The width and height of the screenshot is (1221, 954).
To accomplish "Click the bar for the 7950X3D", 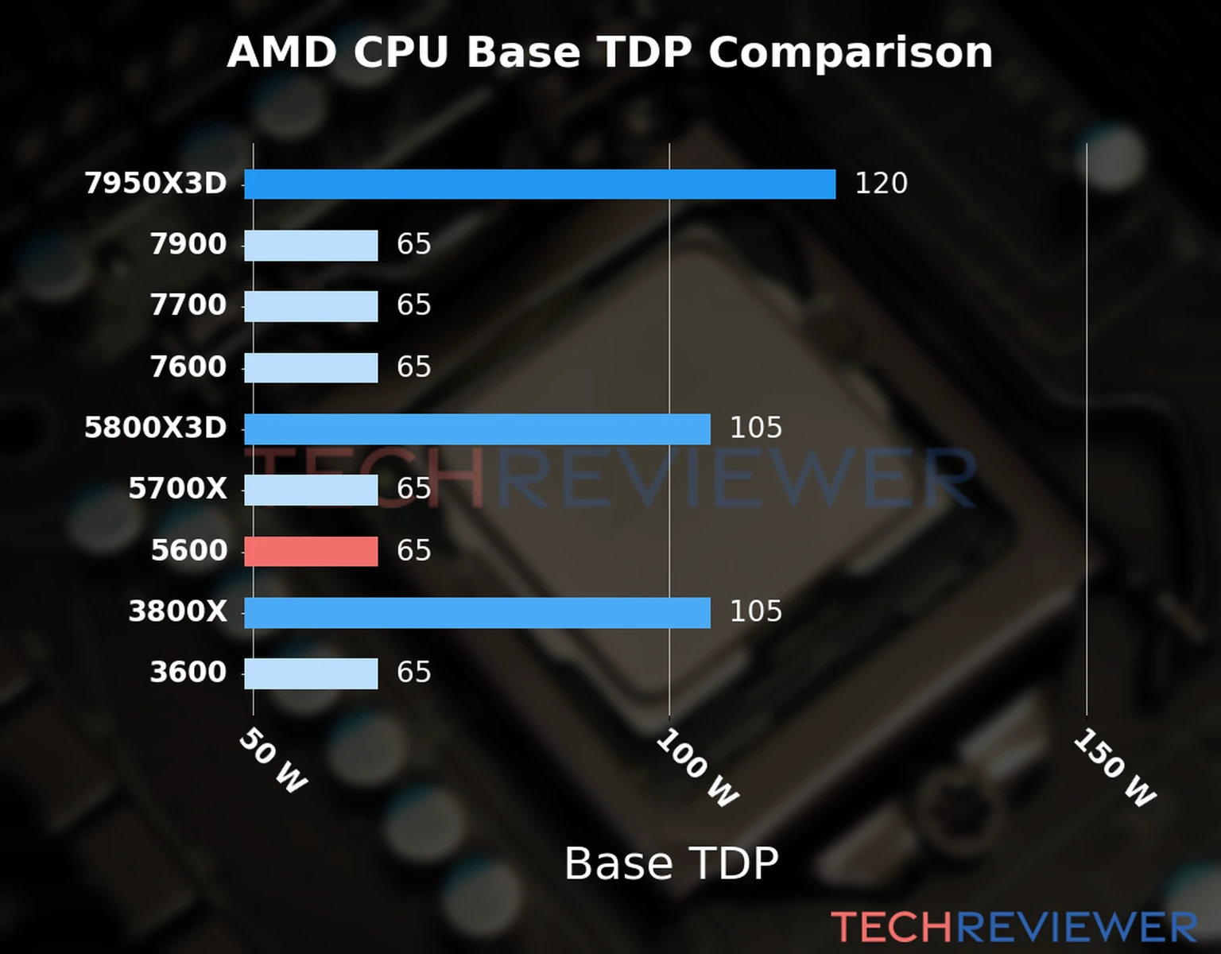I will (540, 184).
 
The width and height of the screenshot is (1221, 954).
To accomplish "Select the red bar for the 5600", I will (311, 551).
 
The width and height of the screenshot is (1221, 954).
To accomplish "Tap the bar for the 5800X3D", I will (477, 429).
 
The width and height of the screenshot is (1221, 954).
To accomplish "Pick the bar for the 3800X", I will (477, 612).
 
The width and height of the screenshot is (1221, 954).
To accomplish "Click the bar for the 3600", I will (311, 673).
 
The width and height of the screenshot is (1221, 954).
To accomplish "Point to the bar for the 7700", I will (311, 306).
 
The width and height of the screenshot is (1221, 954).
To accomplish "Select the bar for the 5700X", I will (311, 490).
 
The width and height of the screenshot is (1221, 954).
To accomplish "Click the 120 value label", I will (881, 184).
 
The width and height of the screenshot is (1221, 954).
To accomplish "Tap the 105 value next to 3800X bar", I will (755, 611).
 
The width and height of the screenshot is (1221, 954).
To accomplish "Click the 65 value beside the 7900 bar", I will (413, 244).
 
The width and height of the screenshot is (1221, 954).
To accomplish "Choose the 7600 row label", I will (188, 367).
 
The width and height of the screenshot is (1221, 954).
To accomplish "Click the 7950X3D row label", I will (156, 184).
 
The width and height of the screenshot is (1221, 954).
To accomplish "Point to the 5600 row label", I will (189, 550).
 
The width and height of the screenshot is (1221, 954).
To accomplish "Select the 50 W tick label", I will (273, 761).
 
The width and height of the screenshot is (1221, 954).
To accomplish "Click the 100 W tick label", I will (697, 768).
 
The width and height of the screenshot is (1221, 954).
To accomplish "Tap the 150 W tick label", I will (1114, 768).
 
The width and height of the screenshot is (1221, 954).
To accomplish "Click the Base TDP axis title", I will (671, 863).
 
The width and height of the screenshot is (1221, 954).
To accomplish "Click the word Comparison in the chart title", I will (850, 53).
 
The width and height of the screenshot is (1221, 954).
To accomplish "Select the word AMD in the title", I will (282, 53).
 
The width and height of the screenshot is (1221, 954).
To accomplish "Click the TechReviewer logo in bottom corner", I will (1014, 927).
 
